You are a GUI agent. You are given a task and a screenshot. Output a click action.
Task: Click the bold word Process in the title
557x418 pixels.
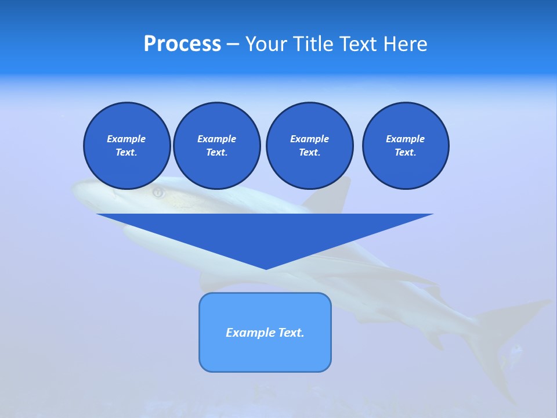[182, 44]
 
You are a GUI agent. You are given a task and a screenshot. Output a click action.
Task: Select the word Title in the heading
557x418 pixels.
[314, 44]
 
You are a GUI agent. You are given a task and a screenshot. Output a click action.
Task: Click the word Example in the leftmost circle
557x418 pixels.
[126, 139]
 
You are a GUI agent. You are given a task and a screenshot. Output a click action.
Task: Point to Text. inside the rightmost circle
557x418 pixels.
[406, 153]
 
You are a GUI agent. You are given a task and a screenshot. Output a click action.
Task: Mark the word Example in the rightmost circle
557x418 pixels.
[406, 139]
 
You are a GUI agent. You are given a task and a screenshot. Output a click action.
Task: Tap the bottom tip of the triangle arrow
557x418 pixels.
[266, 268]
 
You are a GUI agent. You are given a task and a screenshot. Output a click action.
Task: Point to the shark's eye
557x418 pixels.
[158, 192]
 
